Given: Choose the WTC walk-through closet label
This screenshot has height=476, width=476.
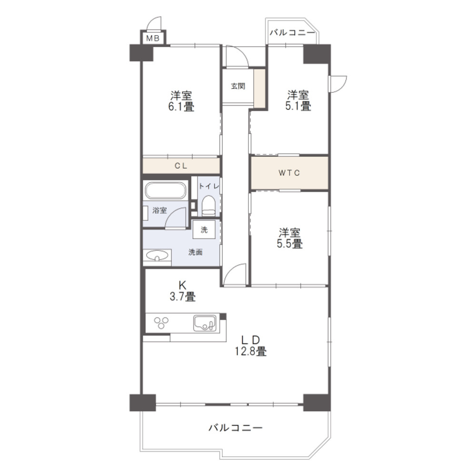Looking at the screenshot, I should click(289, 173).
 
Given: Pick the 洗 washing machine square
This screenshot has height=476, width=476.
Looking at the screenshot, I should click(204, 230).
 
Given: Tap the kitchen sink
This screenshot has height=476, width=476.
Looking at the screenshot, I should click(205, 324).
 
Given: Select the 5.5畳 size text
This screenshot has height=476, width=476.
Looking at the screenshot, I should click(290, 244).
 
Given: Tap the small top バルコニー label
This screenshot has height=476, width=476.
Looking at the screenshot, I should click(292, 33).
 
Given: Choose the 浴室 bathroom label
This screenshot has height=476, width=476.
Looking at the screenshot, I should click(159, 210).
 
